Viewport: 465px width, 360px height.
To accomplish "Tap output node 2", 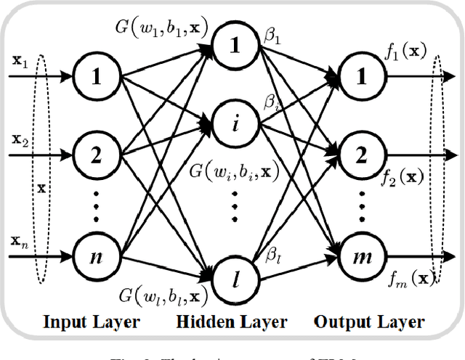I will [x=357, y=155].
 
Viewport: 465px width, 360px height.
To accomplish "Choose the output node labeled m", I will [x=357, y=256].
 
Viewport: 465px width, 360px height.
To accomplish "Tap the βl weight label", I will [x=272, y=255].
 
